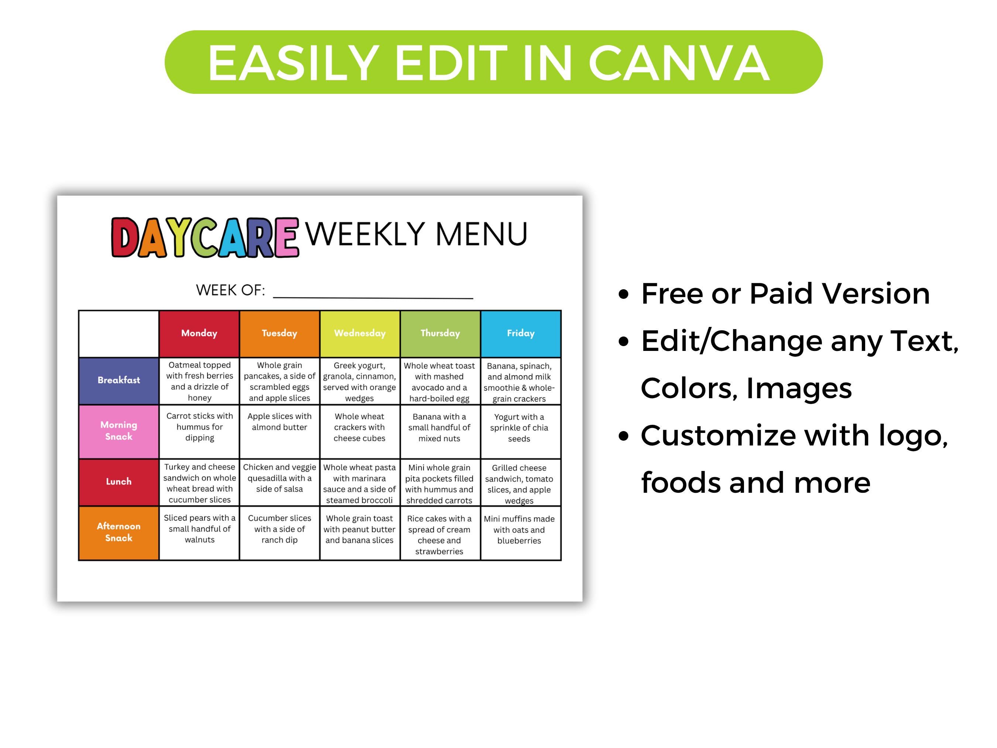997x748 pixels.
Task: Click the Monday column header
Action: (x=199, y=333)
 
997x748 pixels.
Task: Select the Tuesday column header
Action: (x=280, y=333)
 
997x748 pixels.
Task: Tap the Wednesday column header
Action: (x=360, y=333)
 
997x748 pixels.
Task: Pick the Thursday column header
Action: (x=440, y=333)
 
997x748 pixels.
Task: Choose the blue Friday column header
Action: (x=521, y=333)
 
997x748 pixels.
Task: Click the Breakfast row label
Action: (x=119, y=380)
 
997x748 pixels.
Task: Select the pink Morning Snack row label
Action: (x=119, y=431)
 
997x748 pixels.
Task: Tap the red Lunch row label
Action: (x=119, y=482)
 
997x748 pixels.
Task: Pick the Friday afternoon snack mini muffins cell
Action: (x=519, y=530)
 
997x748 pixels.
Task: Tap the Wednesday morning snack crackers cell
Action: (x=360, y=427)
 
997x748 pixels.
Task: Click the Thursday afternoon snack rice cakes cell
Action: (x=439, y=535)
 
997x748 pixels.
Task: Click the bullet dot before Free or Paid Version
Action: (x=624, y=294)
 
